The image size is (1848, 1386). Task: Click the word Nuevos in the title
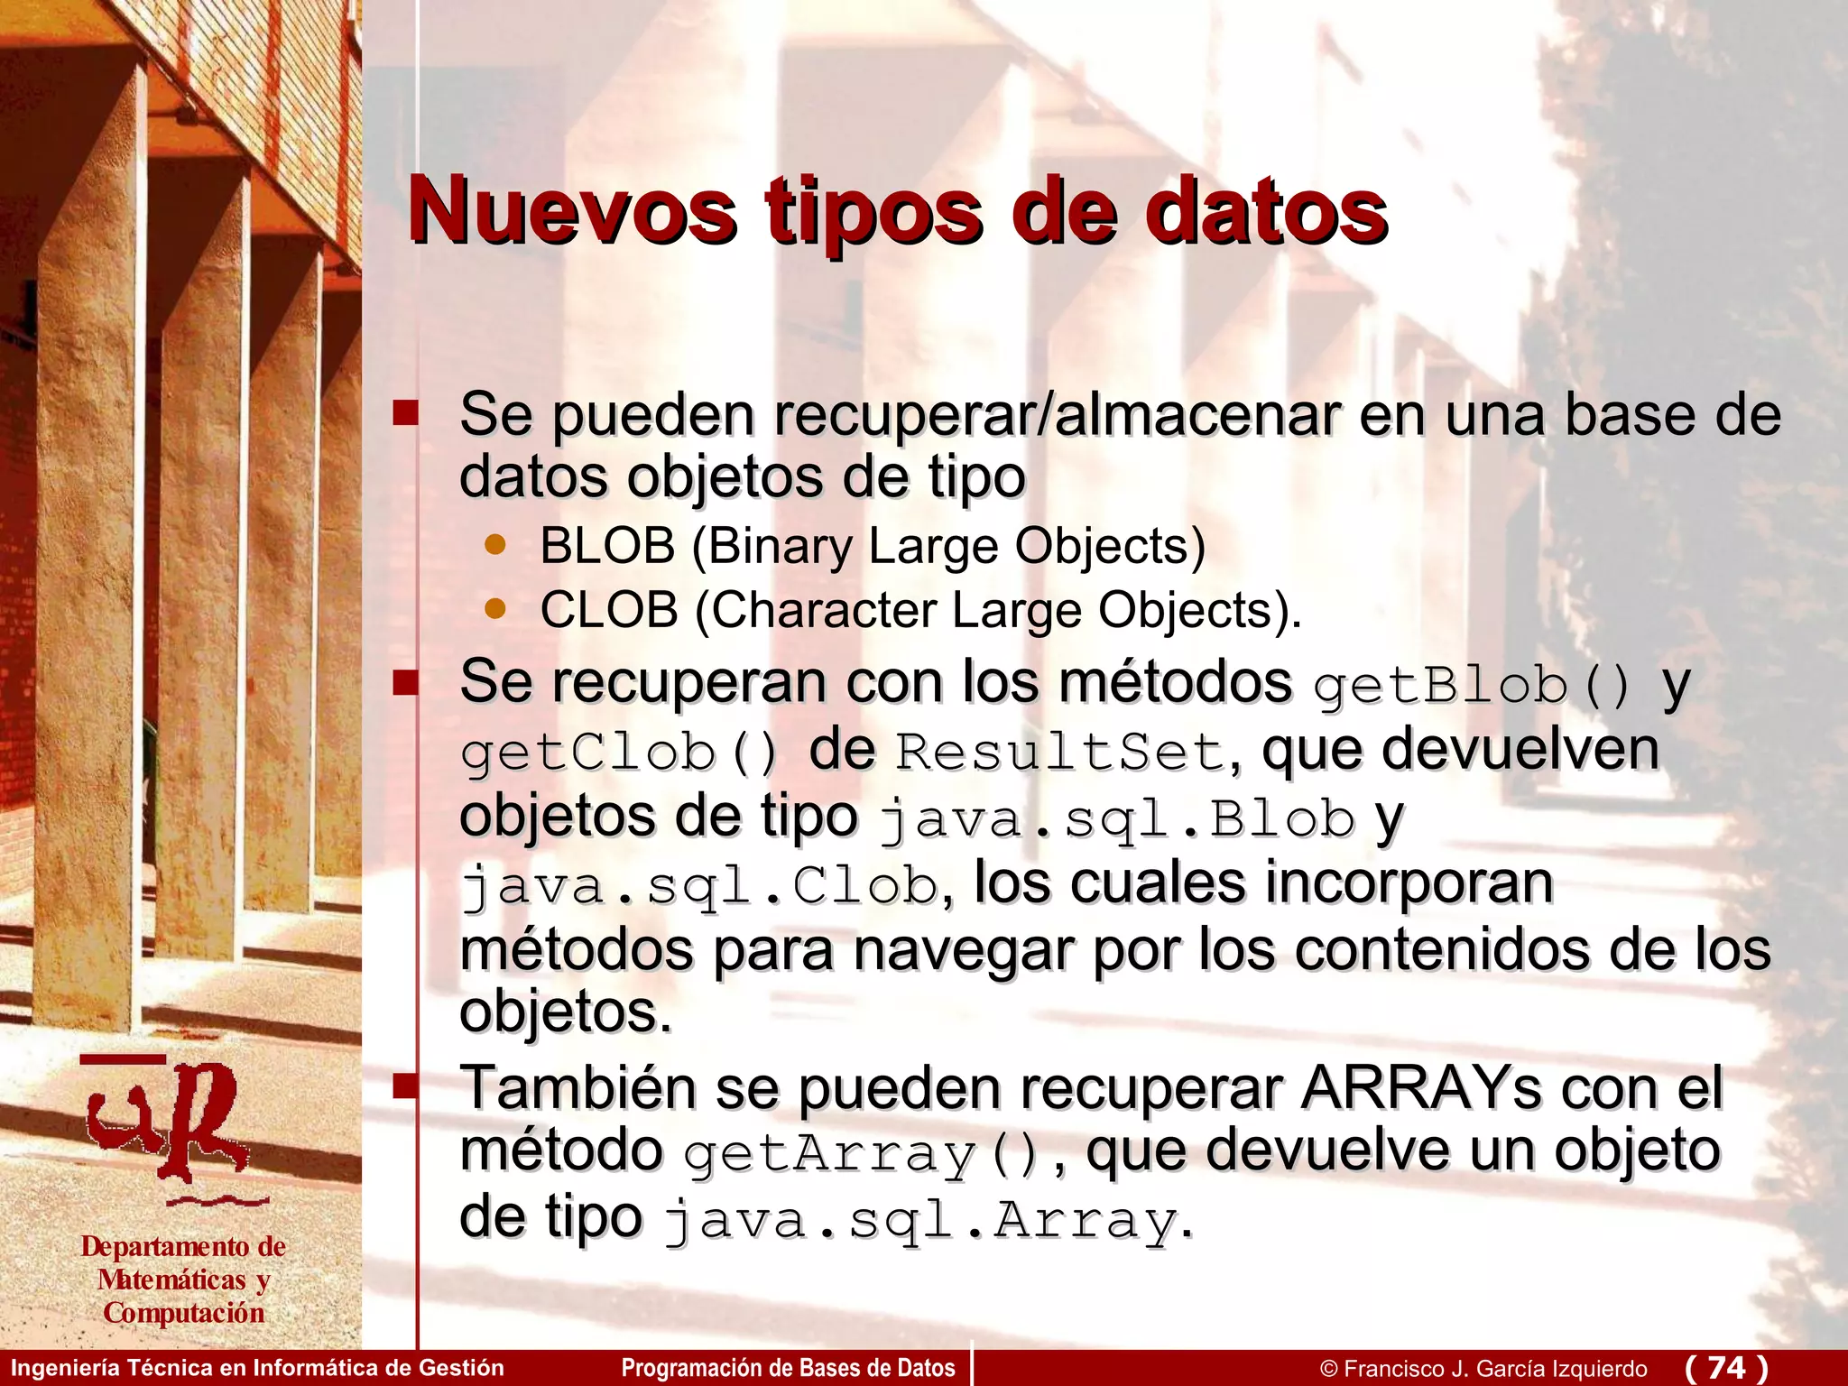click(572, 212)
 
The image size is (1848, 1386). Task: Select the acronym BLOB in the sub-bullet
click(607, 546)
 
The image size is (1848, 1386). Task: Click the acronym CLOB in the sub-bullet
click(609, 610)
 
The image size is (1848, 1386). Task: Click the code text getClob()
click(619, 753)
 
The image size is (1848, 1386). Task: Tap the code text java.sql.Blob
click(1117, 819)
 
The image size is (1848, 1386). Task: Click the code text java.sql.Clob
click(700, 886)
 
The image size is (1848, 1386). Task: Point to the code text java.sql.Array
click(920, 1222)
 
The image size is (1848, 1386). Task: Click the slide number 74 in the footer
click(1726, 1367)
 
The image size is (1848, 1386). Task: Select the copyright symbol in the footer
click(1328, 1369)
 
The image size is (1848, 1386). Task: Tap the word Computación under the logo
click(184, 1313)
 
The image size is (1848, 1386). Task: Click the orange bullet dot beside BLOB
click(494, 544)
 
